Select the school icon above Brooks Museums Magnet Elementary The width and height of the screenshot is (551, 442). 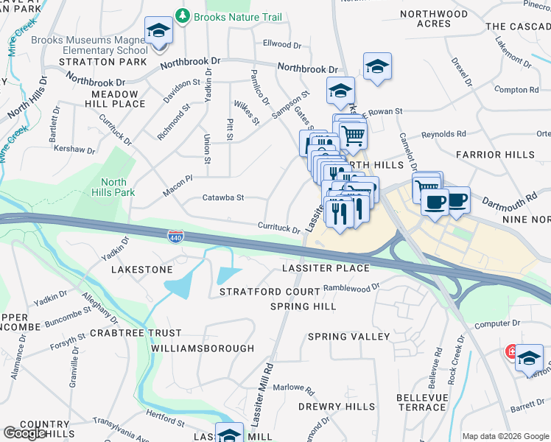(158, 32)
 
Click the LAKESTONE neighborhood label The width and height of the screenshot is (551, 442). (141, 270)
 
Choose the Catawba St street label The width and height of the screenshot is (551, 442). (222, 198)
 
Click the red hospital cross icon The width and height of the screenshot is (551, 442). (510, 353)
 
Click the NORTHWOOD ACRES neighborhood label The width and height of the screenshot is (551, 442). (433, 19)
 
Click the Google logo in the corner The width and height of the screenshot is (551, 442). (24, 433)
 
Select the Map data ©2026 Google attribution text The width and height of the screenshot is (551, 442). (505, 436)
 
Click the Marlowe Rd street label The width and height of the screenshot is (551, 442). (294, 387)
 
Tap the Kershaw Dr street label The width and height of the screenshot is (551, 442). (75, 150)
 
